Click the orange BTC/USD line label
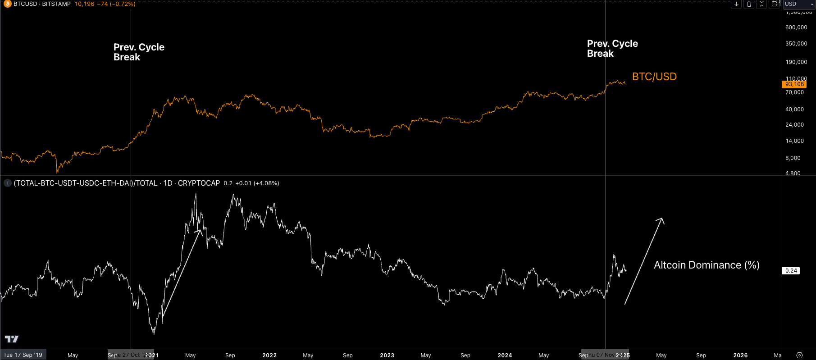coord(654,77)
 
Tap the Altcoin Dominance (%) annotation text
coord(706,265)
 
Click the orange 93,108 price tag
coord(794,84)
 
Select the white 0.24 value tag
coord(791,271)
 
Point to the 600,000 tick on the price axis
coord(796,27)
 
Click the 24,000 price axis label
coord(794,125)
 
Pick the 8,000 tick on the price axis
coord(793,158)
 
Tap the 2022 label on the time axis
coord(269,355)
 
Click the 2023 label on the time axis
coord(387,355)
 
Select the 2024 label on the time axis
coord(505,355)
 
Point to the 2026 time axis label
coord(740,355)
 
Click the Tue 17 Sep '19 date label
coord(23,355)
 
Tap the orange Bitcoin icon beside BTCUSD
coord(8,4)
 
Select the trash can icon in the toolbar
coord(749,4)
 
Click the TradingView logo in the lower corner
coord(12,339)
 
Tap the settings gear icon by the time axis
coord(800,355)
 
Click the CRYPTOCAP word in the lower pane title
coord(199,183)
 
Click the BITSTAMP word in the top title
coord(56,4)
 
